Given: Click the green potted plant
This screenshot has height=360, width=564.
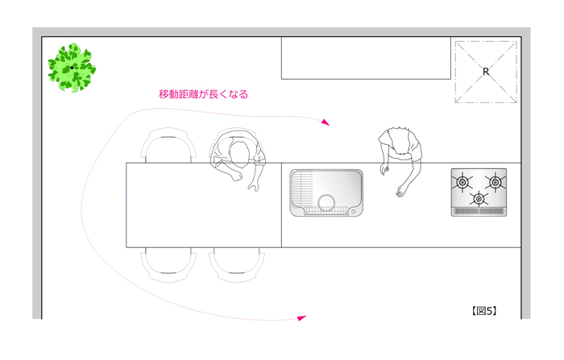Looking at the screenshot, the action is pos(72,68).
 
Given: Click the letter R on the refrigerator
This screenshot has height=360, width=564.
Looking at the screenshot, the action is pos(486,72).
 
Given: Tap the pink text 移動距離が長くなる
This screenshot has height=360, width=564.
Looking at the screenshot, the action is pos(204,94).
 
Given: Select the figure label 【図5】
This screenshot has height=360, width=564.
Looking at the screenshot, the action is pos(484,311).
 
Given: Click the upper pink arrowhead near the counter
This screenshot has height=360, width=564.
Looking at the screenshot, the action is pos(326,122).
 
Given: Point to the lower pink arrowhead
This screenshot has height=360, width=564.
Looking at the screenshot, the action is pos(301,318).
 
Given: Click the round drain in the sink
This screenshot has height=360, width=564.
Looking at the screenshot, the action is pos(326,203).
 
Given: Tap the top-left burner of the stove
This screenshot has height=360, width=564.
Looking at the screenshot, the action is pos(462,182).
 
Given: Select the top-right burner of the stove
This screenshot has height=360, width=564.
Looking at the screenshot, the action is pos(496,182).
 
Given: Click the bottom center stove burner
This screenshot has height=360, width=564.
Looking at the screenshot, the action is pos(479,198).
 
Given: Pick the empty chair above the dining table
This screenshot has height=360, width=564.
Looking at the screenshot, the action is pos(168,145).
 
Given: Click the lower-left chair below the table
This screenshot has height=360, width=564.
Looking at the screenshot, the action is pos(168,265).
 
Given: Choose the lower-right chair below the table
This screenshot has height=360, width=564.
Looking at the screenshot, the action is pos(237,265).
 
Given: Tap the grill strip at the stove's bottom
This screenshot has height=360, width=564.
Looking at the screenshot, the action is pos(479,212).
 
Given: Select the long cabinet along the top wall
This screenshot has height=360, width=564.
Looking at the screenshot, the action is pos(366,58).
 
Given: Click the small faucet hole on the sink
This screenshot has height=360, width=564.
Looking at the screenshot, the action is pos(353,212).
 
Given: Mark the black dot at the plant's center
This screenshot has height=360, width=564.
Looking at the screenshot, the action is pos(72,68).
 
